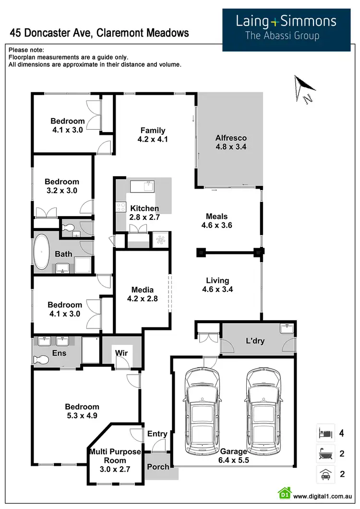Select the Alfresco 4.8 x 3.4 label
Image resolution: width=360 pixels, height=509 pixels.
[x=231, y=143]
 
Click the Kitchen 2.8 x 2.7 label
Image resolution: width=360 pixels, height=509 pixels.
[x=144, y=213]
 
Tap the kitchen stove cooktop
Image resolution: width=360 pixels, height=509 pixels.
[x=120, y=207]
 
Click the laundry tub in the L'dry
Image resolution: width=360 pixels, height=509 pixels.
[x=288, y=329]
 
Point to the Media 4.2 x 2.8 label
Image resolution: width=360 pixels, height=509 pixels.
[x=143, y=294]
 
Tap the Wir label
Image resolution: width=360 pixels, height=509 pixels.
[x=121, y=353]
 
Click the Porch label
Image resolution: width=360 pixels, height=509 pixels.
[x=158, y=467]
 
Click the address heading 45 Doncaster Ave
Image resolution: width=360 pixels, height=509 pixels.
[x=99, y=33]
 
